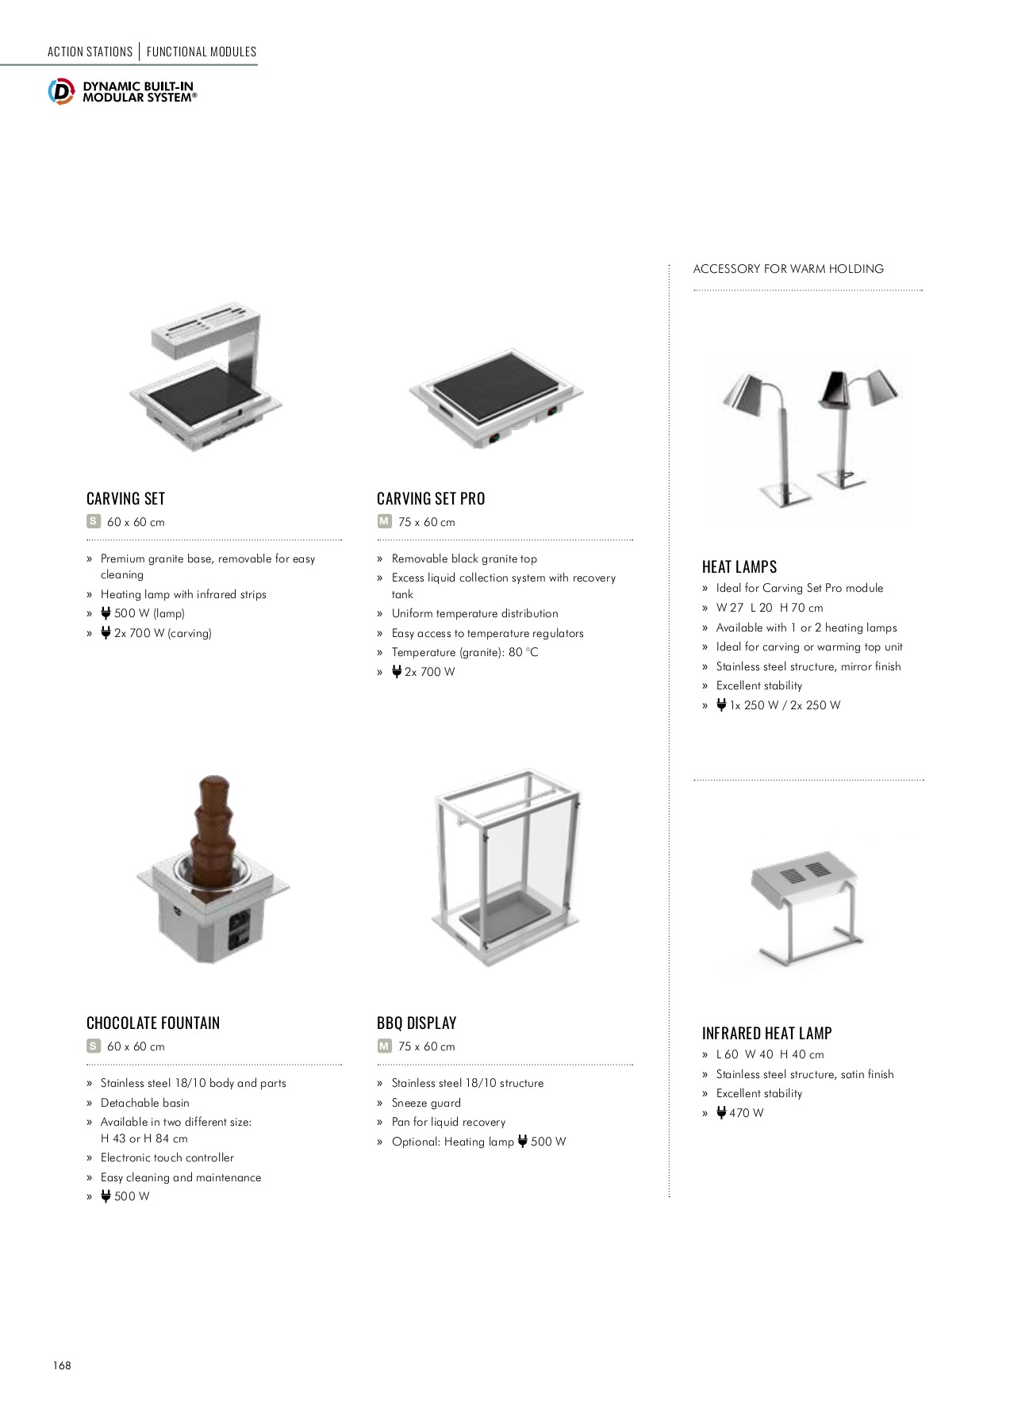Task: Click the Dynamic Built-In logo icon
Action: coord(61,91)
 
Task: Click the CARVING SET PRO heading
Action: coord(430,499)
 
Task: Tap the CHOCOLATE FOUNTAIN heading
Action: coord(152,1023)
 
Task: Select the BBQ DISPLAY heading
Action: coord(417,1023)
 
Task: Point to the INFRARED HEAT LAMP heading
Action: coord(766,1034)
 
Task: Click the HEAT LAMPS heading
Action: coord(739,567)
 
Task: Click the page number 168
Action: coord(62,1365)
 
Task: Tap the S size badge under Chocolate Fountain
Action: coord(94,1046)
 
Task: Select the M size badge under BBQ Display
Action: coord(385,1046)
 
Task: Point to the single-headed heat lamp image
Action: coord(766,436)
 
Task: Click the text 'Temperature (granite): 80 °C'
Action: coord(464,653)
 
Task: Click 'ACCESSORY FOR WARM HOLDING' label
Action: coord(788,269)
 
